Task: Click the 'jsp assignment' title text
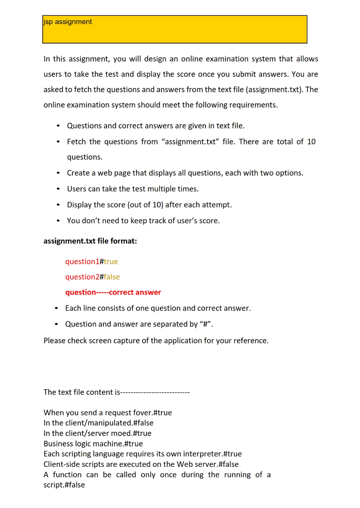coord(68,22)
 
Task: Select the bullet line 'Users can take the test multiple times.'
coord(133,189)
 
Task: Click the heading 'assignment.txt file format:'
coord(90,241)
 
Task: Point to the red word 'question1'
coord(82,261)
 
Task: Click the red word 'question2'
coord(82,277)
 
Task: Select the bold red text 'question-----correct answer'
coord(113,293)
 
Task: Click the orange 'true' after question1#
coord(111,261)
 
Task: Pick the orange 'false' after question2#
coord(112,277)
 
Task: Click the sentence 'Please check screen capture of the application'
coord(156,341)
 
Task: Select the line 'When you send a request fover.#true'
coord(108,413)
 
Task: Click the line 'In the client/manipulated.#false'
coord(98,423)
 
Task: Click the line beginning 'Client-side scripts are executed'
coord(141,464)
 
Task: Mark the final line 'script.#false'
coord(64,485)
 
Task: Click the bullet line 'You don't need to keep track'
coord(143,221)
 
